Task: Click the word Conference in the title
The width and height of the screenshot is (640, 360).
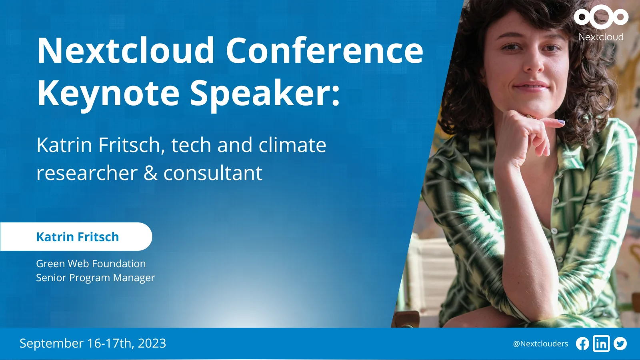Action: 324,50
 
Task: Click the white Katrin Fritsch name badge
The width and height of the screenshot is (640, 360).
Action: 76,236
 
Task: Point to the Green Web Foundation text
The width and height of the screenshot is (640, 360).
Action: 91,264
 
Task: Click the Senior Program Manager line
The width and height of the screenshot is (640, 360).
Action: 96,278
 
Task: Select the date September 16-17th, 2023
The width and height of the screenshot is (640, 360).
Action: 93,343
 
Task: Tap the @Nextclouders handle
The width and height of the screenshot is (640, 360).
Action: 540,344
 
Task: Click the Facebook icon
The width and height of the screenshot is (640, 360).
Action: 582,344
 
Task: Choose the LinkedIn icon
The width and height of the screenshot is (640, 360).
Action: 601,344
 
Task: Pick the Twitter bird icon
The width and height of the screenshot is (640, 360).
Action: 620,344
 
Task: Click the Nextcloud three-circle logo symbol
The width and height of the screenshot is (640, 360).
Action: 601,16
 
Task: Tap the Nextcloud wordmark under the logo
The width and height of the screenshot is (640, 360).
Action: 601,37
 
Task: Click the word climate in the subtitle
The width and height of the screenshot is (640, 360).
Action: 292,145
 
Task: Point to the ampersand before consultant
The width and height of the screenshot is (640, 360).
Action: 150,173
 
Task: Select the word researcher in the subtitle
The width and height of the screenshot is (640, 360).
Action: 87,173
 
